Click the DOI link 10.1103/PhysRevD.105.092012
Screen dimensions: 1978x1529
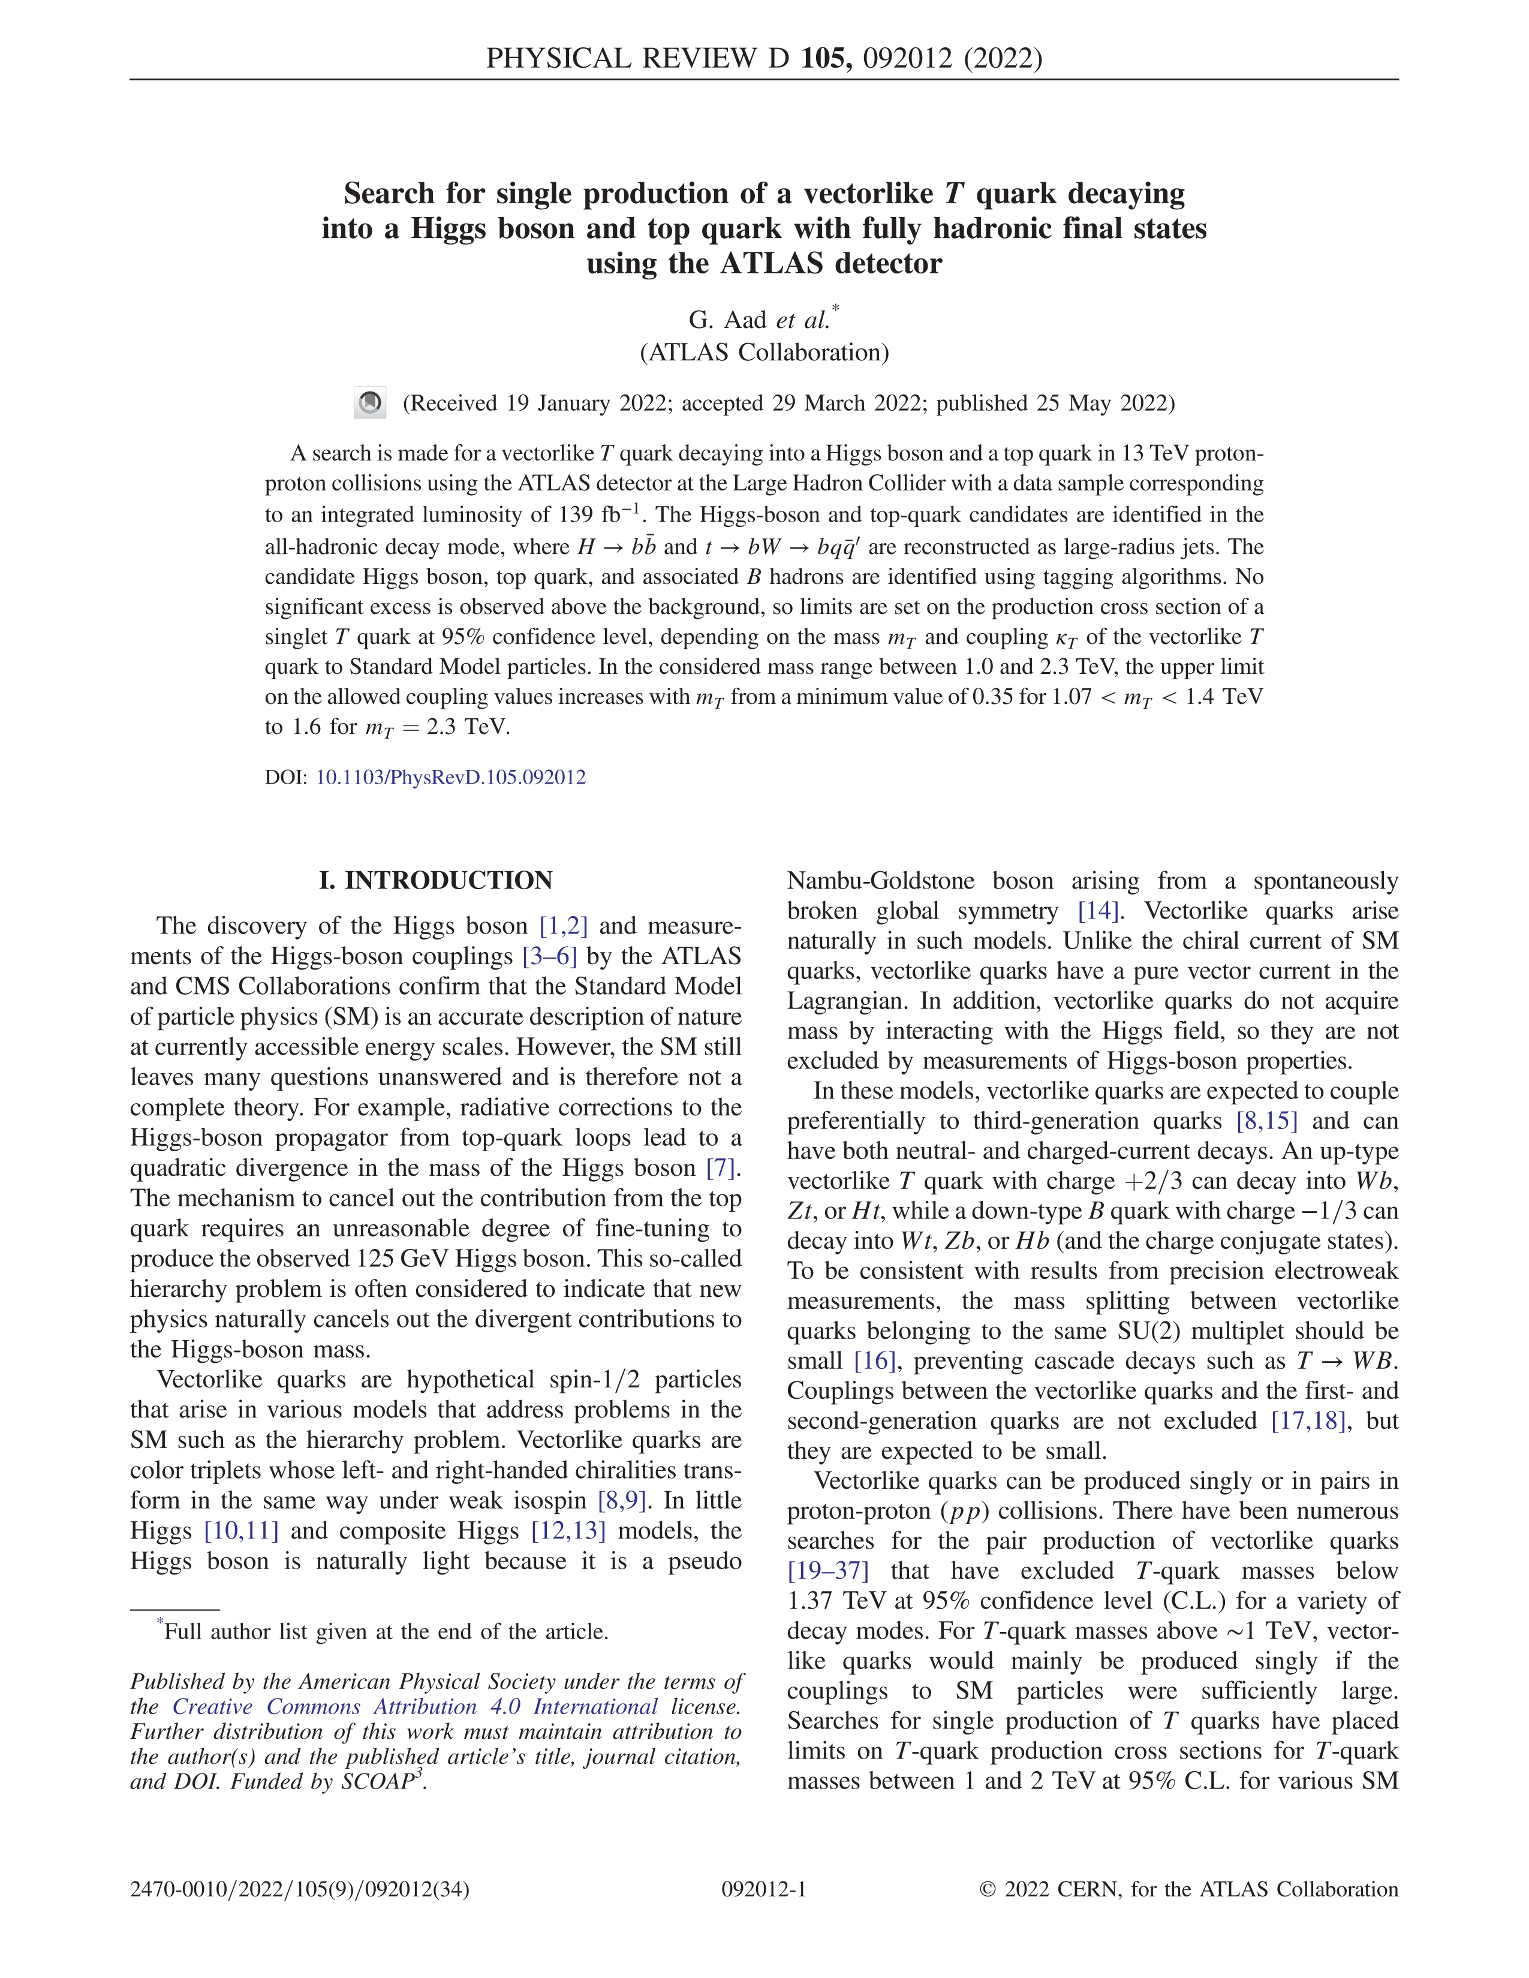coord(450,777)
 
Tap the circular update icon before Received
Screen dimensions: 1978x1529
coord(369,403)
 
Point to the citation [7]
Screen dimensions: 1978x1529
coord(720,1169)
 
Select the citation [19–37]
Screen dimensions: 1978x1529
coord(828,1570)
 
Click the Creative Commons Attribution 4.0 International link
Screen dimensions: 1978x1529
coord(415,1706)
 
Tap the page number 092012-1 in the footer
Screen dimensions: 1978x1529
coord(763,1889)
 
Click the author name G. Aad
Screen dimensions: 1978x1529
coord(727,320)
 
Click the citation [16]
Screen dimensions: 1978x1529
coord(874,1360)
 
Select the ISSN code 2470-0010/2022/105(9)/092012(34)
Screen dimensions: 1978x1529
coord(300,1889)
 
